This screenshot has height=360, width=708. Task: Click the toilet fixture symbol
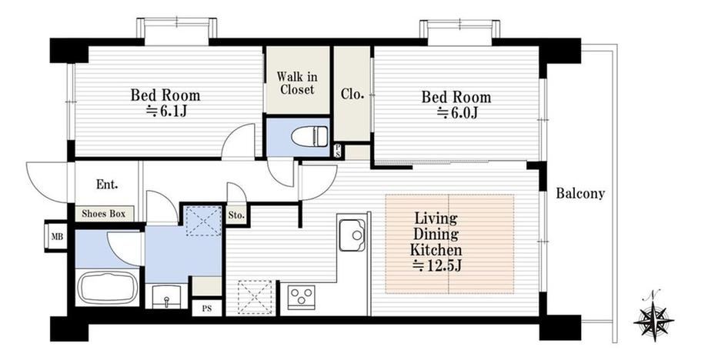click(x=309, y=136)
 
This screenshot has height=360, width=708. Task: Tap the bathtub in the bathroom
click(x=108, y=288)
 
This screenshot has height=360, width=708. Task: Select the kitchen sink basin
click(x=352, y=235)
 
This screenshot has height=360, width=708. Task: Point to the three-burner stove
click(x=301, y=297)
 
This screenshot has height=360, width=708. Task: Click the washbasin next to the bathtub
click(x=166, y=296)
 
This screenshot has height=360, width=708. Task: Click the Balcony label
click(x=580, y=194)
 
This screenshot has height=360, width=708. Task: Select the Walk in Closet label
click(x=296, y=82)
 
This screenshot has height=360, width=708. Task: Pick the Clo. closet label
click(x=352, y=95)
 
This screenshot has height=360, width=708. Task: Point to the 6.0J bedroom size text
click(x=457, y=113)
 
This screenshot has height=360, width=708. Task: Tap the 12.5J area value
click(x=436, y=266)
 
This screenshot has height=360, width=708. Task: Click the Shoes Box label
click(x=103, y=214)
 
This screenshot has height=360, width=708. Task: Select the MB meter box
click(x=56, y=236)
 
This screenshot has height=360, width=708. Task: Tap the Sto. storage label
click(x=236, y=215)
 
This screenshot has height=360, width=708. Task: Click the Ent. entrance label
click(x=107, y=185)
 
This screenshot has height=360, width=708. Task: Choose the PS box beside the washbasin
click(x=206, y=309)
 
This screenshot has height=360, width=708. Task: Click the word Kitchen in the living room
click(x=436, y=249)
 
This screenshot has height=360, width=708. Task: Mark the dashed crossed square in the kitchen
click(x=255, y=297)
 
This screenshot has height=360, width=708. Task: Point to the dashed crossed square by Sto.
click(x=204, y=221)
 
